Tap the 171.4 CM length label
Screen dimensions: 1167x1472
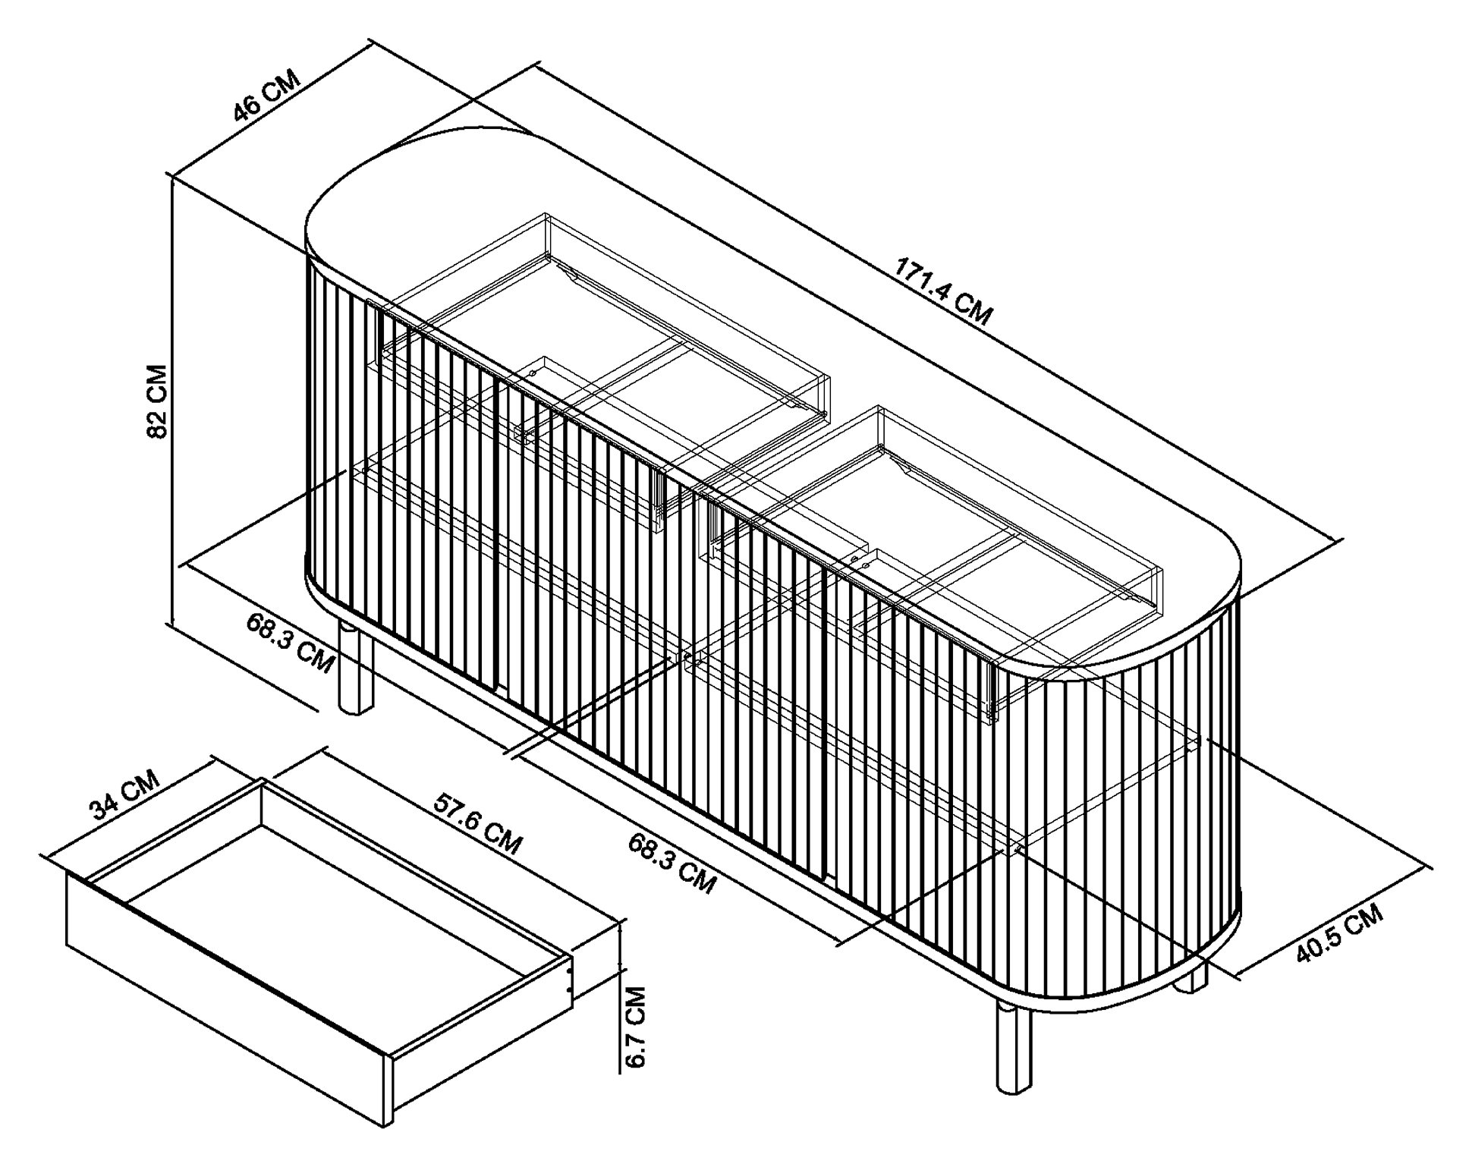(943, 291)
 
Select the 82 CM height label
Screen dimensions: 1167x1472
(157, 402)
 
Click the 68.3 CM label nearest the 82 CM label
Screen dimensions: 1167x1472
(290, 642)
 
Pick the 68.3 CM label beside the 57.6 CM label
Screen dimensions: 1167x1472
(672, 863)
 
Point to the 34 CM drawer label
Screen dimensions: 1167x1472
(125, 795)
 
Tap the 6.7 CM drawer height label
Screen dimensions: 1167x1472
(637, 1026)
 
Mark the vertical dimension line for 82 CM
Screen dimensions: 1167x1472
(173, 402)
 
